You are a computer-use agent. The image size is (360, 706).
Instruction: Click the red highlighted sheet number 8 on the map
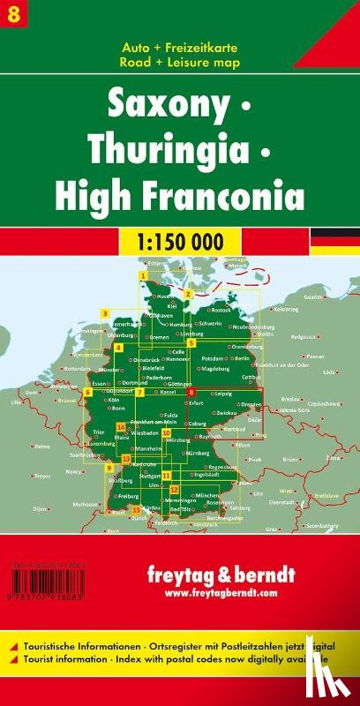pos(191,392)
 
